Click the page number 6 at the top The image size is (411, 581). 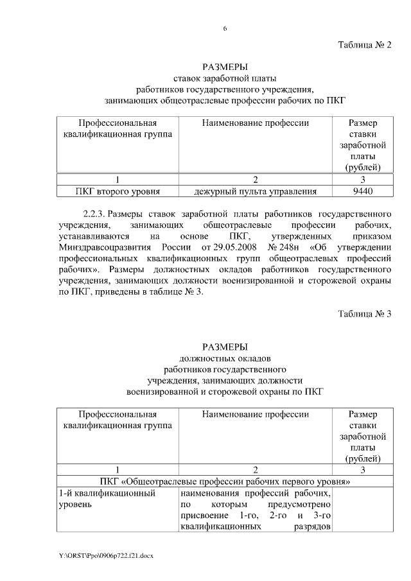tap(225, 28)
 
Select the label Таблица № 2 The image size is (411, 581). tap(364, 45)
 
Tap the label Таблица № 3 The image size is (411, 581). tap(364, 313)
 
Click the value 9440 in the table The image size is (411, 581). tap(363, 191)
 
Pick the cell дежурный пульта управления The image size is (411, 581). tap(256, 191)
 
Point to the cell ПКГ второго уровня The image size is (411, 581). tap(118, 191)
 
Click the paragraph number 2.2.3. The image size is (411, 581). tap(94, 212)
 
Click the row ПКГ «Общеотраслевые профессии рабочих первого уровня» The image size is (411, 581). tap(224, 481)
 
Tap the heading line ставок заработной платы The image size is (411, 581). tap(224, 78)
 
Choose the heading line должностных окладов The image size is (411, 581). tap(224, 357)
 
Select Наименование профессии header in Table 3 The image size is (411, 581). tap(256, 414)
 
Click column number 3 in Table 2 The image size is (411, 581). tap(363, 180)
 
